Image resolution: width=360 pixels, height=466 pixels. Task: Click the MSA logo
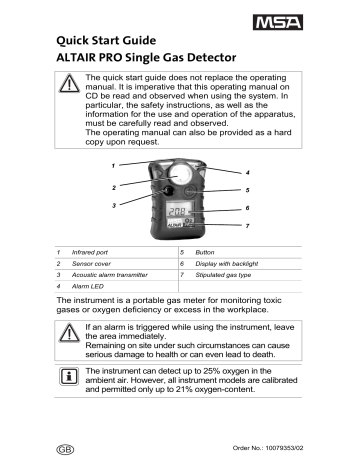(x=278, y=22)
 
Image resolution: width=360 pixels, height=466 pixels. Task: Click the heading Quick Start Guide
(x=106, y=41)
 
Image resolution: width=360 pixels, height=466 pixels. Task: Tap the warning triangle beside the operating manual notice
(x=69, y=83)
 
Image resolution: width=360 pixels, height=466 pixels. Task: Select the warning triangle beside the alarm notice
(x=69, y=332)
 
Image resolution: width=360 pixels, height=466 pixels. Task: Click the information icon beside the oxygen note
(x=69, y=376)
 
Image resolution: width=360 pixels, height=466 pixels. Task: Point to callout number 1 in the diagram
(x=113, y=166)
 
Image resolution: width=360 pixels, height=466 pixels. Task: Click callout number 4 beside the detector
(x=248, y=173)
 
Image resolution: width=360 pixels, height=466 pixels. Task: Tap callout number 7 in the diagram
(x=247, y=226)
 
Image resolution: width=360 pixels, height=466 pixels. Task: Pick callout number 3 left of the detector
(x=114, y=205)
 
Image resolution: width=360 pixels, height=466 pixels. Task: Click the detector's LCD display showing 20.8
(x=180, y=211)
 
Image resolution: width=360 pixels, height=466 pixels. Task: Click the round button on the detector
(x=189, y=191)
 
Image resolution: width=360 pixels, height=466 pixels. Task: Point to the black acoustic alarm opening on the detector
(x=168, y=191)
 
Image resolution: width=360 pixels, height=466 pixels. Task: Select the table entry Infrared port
(x=90, y=252)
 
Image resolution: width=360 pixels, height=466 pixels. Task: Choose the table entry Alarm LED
(x=88, y=286)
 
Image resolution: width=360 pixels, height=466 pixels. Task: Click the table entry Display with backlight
(x=227, y=264)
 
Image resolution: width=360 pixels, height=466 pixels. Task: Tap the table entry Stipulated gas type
(x=223, y=275)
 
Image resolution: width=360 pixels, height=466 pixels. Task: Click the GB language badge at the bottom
(x=65, y=450)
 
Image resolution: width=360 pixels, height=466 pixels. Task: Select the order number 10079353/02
(x=284, y=448)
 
